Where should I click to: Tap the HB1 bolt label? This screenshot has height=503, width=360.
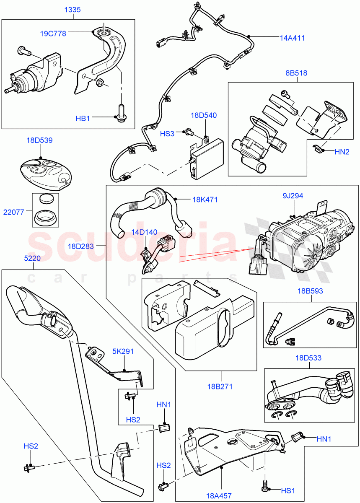(83, 119)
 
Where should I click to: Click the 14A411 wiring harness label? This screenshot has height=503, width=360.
(292, 38)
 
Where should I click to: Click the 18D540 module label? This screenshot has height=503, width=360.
(203, 115)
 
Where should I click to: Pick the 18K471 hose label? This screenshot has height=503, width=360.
(205, 200)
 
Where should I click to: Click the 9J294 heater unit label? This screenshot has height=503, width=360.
(293, 195)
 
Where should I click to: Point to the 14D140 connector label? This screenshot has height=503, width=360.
(145, 232)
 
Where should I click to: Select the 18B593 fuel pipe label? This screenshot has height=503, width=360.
(311, 291)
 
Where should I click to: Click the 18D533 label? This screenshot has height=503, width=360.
(309, 358)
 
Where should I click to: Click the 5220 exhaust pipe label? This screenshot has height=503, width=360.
(32, 259)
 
